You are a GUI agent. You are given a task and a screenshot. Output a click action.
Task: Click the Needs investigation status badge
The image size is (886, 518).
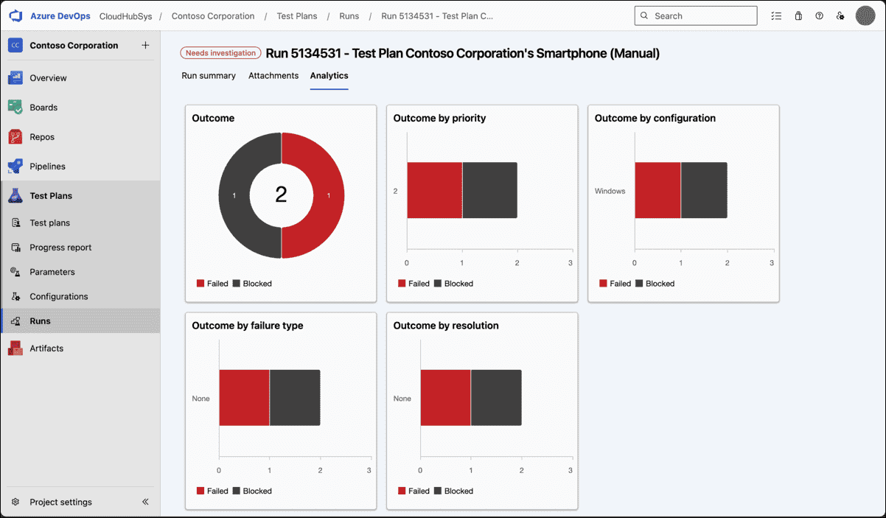220,53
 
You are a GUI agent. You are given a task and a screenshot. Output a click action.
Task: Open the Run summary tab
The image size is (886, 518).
209,75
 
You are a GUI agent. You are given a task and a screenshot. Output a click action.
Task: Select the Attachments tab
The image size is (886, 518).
273,75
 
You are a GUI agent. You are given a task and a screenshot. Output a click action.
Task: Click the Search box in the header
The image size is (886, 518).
696,15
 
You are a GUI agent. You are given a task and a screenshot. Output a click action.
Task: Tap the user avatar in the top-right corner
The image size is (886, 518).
865,15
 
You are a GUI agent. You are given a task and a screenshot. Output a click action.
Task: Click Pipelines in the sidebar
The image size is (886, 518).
47,167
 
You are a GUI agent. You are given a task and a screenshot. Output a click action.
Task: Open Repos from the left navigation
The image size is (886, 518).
42,137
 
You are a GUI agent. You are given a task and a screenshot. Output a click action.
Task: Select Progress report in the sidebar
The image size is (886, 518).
60,248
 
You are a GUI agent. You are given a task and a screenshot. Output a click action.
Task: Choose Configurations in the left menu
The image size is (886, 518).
58,296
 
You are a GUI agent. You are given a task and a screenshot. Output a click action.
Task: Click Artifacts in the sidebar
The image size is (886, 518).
46,348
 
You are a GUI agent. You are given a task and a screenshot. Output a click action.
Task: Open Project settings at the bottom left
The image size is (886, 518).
60,502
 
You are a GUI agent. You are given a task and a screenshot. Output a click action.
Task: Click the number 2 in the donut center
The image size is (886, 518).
281,195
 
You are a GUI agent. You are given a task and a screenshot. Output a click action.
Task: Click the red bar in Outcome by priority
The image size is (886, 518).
434,190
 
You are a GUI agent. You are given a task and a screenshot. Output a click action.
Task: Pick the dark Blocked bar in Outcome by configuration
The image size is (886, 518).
704,190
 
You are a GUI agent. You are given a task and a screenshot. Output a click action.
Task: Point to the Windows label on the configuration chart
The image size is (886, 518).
610,191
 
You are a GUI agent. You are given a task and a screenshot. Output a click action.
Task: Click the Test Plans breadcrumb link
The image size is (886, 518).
296,15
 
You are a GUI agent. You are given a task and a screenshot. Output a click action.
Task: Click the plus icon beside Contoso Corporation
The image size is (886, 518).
145,45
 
